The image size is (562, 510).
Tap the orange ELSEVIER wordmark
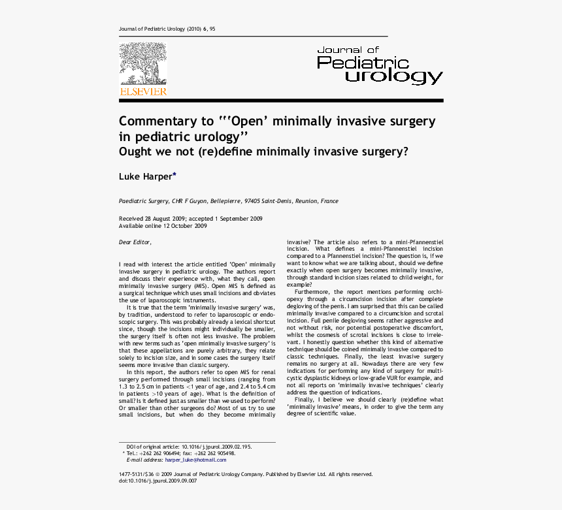[x=142, y=92]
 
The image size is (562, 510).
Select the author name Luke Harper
[x=145, y=176]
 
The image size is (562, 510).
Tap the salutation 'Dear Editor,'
[x=135, y=242]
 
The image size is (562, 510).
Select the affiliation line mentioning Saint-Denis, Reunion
[x=228, y=201]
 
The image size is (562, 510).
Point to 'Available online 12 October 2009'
[x=163, y=226]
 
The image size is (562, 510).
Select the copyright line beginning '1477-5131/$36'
[x=246, y=474]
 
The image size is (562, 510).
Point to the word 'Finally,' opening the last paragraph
[x=306, y=399]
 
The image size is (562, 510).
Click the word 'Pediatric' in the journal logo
[x=363, y=62]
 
